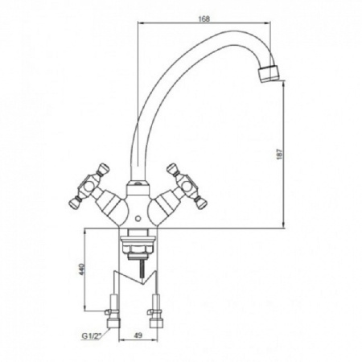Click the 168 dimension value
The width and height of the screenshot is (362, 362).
pos(204,19)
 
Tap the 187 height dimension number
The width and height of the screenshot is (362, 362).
pos(279,154)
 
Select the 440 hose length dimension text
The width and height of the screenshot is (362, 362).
pos(82,269)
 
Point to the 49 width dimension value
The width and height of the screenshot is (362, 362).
pos(138,335)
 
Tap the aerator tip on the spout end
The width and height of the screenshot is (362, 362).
pos(269,72)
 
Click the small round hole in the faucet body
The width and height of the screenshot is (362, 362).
pos(138,219)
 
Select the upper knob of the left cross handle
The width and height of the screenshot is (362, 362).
pos(104,168)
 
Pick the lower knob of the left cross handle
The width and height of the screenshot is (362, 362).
pos(74,202)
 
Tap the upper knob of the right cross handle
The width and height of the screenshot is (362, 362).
pos(172,168)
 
